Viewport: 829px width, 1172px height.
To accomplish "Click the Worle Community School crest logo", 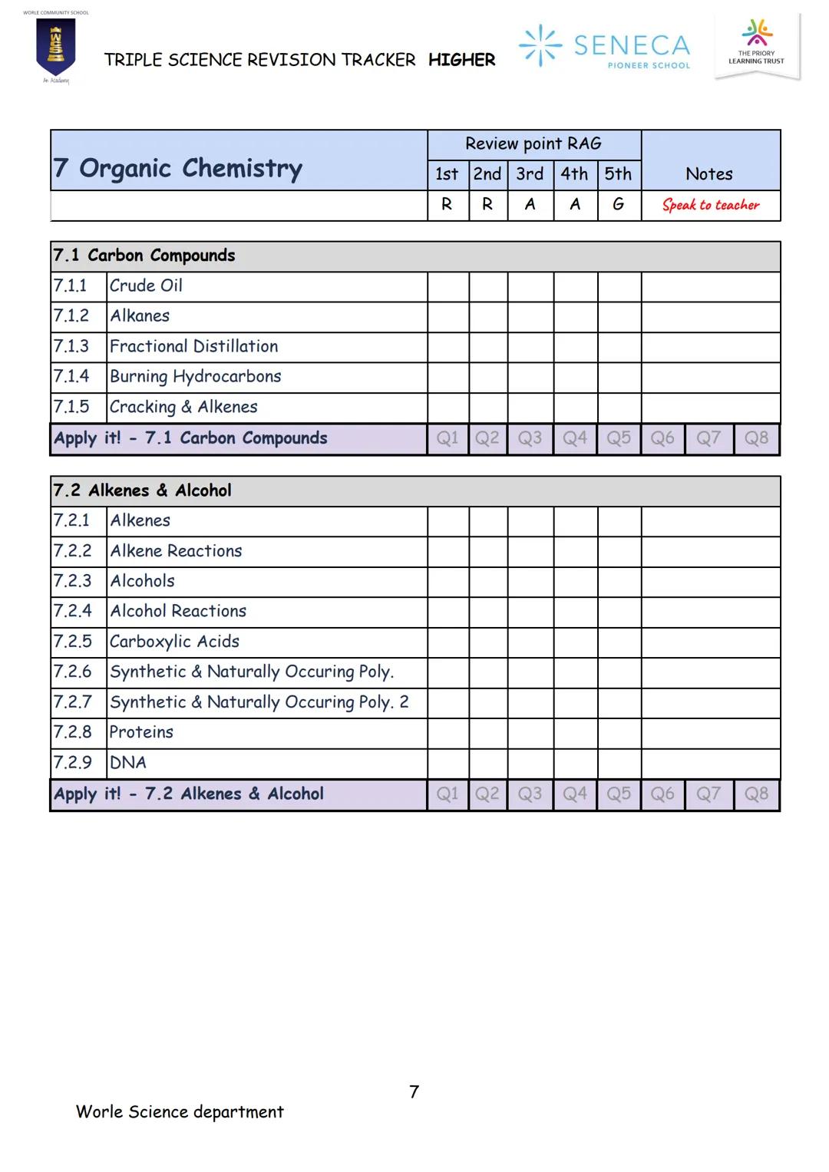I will pos(55,48).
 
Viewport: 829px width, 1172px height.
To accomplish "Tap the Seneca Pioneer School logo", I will pos(605,46).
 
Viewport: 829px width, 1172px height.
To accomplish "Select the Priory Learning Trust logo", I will pos(756,45).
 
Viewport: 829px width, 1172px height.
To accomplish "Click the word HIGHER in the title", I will pos(461,60).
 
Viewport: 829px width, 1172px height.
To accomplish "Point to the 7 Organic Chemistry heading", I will pos(178,168).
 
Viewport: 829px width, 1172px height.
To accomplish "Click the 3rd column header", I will pos(530,174).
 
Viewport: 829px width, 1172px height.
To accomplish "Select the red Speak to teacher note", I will pos(710,205).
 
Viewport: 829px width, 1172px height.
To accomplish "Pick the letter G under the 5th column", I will pos(618,205).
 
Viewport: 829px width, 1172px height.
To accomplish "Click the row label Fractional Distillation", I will pos(193,346).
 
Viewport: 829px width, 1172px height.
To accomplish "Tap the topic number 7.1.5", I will pos(71,407).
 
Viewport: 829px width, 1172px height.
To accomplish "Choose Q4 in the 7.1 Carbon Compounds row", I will pos(574,438).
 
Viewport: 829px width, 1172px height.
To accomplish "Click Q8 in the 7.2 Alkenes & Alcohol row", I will pos(756,794).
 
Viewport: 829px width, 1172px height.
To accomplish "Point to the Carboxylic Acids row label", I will pos(174,642).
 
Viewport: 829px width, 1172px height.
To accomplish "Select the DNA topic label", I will pos(127,763).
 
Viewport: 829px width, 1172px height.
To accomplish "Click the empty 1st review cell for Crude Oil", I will pos(448,286).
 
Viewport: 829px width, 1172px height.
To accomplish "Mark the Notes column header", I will pos(709,174).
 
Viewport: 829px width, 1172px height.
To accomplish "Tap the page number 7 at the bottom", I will pos(414,1091).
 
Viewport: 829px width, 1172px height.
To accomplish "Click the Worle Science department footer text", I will pos(180,1111).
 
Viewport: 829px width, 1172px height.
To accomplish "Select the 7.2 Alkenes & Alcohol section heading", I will pos(142,490).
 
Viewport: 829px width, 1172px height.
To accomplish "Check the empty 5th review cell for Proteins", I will pos(619,733).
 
